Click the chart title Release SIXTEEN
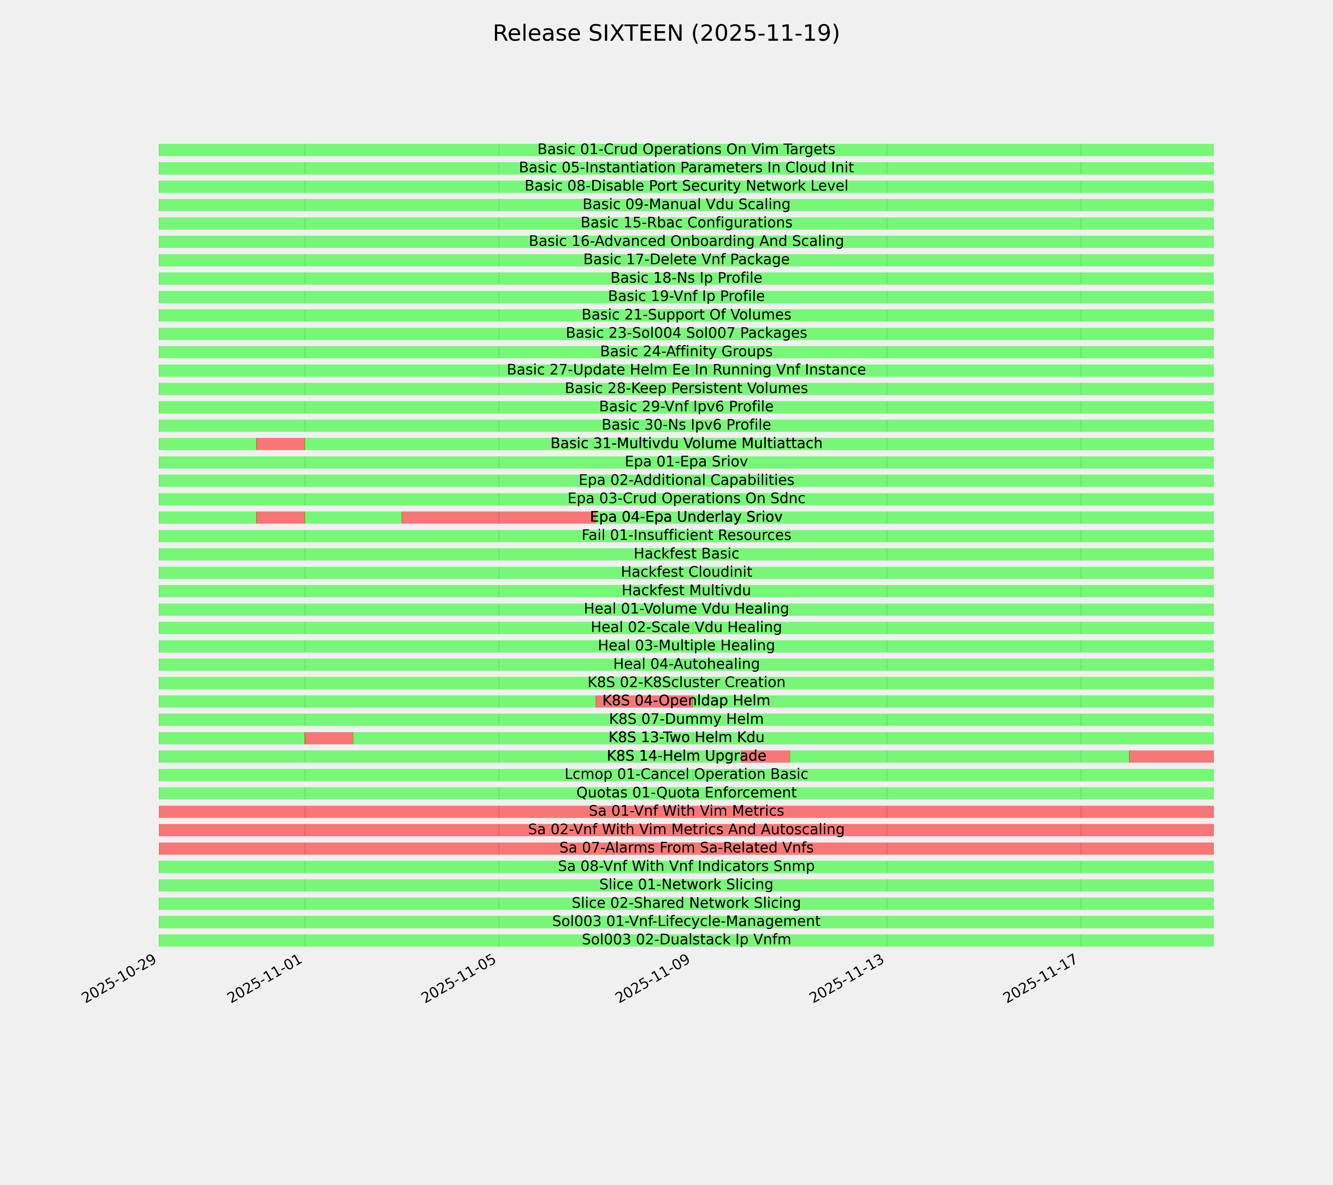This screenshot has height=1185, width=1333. (x=666, y=33)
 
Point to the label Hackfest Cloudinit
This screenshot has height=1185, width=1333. (x=686, y=572)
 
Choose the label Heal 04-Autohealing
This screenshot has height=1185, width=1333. (x=686, y=664)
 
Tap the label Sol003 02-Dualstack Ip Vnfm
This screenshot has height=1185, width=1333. (x=686, y=940)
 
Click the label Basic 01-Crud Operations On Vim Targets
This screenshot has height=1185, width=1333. (x=686, y=149)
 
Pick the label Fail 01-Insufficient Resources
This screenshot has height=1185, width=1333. (x=686, y=535)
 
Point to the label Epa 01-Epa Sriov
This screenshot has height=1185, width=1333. (x=686, y=462)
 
